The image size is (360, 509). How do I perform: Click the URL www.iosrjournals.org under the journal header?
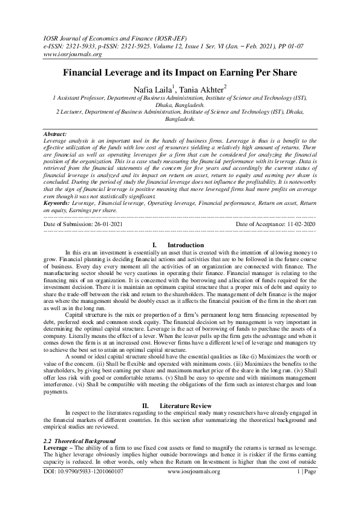[x=71, y=54]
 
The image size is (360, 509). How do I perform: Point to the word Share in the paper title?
[x=269, y=73]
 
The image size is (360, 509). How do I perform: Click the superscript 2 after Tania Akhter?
[x=225, y=86]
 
